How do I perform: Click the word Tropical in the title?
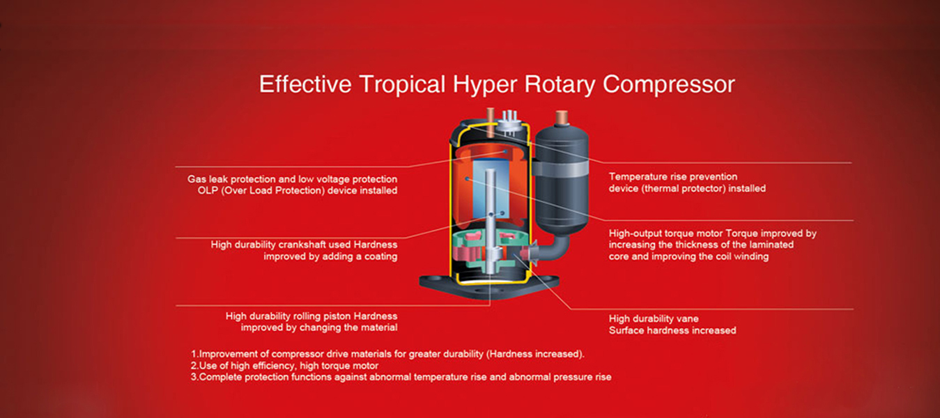(402, 84)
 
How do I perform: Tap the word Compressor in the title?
(668, 84)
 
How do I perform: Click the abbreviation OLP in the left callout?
(208, 190)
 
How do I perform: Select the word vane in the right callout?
(688, 319)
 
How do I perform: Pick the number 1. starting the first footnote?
(194, 354)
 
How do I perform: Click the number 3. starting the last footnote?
(194, 377)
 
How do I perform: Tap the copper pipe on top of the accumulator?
(562, 118)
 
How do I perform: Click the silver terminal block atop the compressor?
(509, 124)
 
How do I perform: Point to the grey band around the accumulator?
(560, 169)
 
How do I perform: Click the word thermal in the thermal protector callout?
(662, 188)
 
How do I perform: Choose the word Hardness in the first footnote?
(508, 354)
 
